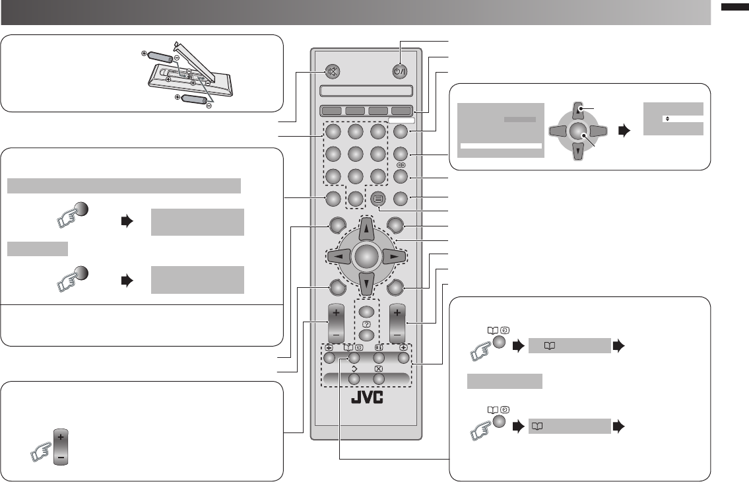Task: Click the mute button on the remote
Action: pos(333,71)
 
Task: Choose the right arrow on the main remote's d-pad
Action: pos(393,256)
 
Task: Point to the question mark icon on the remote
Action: pos(366,324)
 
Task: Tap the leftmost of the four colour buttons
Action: pos(333,111)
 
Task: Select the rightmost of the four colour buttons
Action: pos(401,111)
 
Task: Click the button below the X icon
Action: pos(378,380)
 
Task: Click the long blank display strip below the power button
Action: pos(366,91)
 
